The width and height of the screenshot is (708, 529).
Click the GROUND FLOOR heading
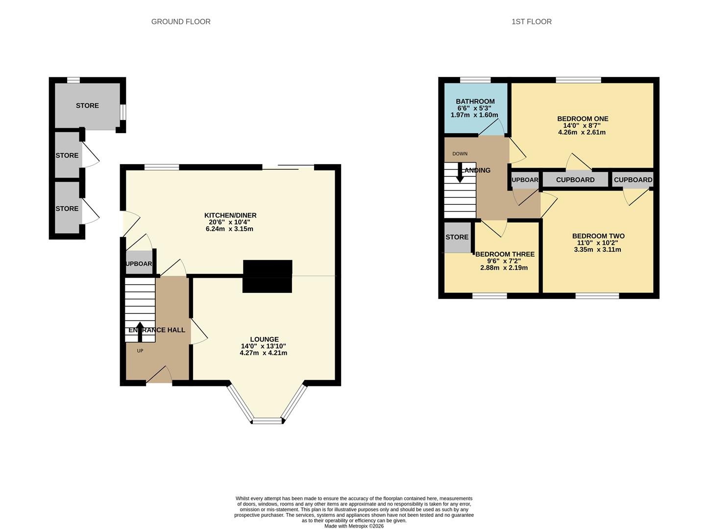click(181, 22)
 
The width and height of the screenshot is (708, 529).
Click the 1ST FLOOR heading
click(532, 22)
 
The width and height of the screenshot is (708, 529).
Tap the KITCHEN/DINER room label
click(230, 216)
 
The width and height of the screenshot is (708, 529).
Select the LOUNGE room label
click(264, 339)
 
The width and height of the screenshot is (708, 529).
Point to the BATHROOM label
click(475, 101)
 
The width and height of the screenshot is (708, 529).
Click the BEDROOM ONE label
click(583, 119)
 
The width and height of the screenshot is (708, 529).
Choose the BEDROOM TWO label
click(598, 236)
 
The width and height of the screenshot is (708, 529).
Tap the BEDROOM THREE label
click(505, 254)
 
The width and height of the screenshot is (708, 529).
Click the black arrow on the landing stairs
click(460, 172)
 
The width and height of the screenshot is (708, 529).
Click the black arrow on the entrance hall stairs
click(140, 332)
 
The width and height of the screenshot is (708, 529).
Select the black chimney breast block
click(268, 276)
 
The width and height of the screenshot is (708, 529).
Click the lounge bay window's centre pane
click(268, 421)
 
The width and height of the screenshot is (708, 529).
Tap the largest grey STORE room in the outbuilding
click(87, 106)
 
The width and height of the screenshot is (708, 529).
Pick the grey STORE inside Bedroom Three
click(457, 238)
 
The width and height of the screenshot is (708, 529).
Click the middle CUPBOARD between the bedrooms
click(575, 180)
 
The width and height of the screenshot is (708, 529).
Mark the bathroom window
click(475, 80)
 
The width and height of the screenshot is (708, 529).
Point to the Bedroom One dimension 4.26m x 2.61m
click(582, 132)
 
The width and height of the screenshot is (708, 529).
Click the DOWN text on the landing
click(460, 154)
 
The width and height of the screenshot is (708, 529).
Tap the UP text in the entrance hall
click(140, 351)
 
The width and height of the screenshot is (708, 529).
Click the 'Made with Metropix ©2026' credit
click(354, 526)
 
